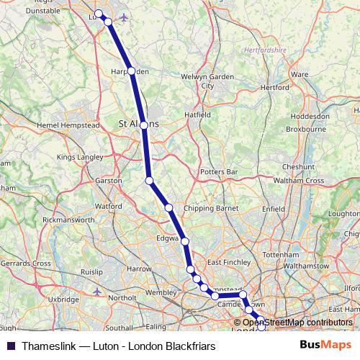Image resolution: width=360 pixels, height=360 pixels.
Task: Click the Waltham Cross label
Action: tap(298, 180)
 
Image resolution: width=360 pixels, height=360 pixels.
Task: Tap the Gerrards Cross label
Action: tap(26, 264)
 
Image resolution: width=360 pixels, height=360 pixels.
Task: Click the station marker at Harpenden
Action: tap(131, 71)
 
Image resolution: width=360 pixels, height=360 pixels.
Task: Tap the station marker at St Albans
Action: tap(144, 125)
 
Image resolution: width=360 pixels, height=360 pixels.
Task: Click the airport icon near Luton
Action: tap(124, 17)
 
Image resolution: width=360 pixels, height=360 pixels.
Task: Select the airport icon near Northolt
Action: tap(97, 291)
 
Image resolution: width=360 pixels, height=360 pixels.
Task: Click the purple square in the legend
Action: tap(10, 346)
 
